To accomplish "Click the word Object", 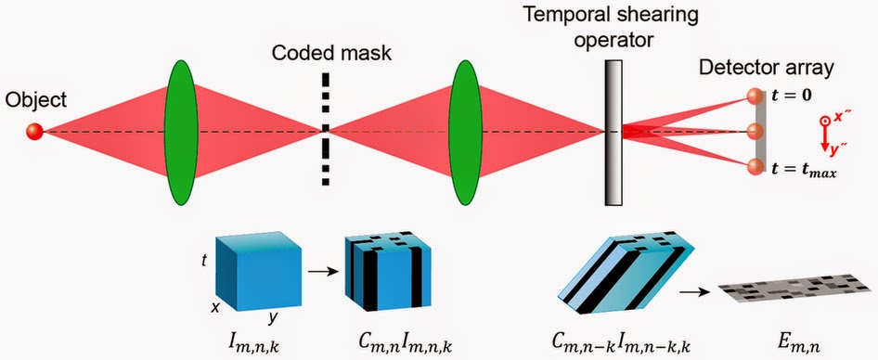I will click(x=31, y=99).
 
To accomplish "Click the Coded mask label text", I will click(x=330, y=52).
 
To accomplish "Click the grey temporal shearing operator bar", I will click(x=613, y=132).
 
